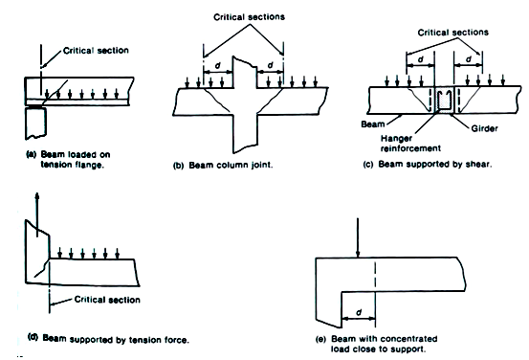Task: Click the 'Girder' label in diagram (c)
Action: (484, 128)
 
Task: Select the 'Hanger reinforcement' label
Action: (410, 144)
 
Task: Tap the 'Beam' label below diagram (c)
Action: (373, 124)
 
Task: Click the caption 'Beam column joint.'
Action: (231, 165)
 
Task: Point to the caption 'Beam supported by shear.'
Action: (435, 164)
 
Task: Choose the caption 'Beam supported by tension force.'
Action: (116, 339)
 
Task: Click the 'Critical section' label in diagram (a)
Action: (96, 51)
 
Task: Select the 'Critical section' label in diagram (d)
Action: (107, 300)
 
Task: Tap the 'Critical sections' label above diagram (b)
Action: (249, 17)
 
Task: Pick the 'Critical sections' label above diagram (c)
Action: (452, 33)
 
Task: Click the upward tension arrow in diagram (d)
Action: (37, 214)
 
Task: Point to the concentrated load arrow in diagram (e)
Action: (358, 237)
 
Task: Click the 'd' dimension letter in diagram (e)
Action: (359, 312)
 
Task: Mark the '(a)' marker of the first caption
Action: (31, 154)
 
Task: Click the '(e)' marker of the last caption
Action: (320, 339)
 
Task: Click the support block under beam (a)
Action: (35, 123)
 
